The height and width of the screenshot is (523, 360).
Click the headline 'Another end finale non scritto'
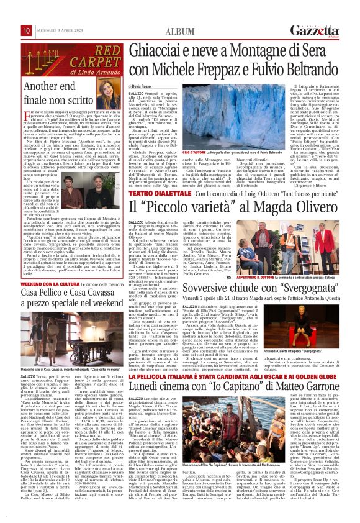[46, 93]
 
